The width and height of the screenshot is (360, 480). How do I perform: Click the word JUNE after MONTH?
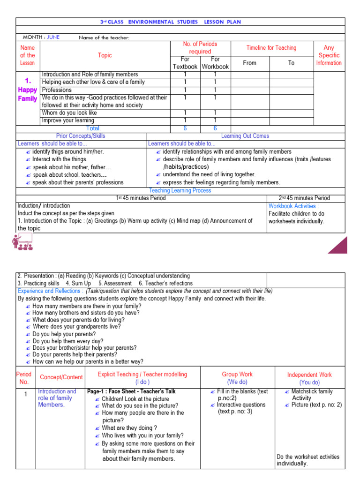[52, 37]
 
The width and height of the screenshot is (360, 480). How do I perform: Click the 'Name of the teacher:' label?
[104, 37]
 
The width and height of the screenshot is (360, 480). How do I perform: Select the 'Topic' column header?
[105, 55]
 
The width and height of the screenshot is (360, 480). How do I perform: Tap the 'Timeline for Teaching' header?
[271, 48]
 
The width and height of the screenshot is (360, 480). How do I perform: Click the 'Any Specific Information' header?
[329, 55]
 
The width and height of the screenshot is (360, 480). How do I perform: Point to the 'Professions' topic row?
[57, 90]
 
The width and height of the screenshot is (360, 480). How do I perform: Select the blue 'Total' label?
[93, 128]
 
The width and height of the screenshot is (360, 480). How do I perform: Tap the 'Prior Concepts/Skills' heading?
[81, 136]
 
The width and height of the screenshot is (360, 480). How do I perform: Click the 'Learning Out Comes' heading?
[245, 136]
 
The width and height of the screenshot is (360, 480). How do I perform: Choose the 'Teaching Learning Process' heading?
[180, 190]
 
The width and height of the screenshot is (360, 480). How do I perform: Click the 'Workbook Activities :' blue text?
[293, 206]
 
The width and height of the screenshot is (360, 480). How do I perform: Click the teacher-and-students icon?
[22, 244]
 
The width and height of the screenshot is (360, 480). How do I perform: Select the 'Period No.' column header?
[24, 378]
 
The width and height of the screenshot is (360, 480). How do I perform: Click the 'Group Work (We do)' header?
[237, 378]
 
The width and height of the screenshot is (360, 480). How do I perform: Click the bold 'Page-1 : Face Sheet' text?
[114, 391]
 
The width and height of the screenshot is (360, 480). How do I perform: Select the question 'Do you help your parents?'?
[64, 334]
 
